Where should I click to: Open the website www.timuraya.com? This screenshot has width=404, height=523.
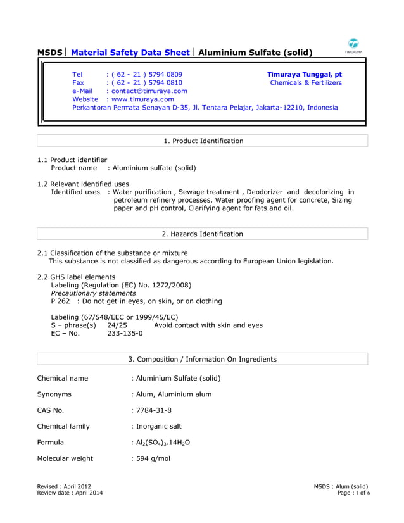point(142,99)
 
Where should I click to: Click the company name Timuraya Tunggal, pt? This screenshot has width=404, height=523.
point(304,75)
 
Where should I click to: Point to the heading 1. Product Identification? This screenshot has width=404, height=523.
point(203,141)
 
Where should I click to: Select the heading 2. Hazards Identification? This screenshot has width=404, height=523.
point(203,234)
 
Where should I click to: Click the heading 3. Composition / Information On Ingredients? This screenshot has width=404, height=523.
point(203,359)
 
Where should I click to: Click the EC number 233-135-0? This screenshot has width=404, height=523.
point(125,334)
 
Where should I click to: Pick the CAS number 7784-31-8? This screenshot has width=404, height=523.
point(153,410)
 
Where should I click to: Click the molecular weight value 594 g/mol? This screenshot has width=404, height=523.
point(152,458)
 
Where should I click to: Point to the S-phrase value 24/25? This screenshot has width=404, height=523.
point(117,325)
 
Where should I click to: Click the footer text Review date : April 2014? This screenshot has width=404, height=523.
point(70,493)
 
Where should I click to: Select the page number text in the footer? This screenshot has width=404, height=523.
point(354,493)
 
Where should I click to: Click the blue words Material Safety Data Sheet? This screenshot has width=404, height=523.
point(132,53)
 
